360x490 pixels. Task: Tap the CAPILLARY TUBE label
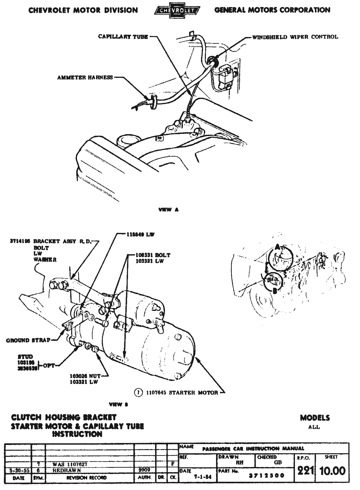tap(123, 37)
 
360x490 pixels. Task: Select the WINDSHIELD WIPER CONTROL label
tap(295, 37)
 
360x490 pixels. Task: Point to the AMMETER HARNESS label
tap(85, 77)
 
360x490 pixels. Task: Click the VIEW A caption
tap(169, 210)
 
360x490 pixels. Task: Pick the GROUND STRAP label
tap(28, 340)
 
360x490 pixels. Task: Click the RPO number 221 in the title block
tap(304, 471)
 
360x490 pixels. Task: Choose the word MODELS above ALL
tap(315, 418)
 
